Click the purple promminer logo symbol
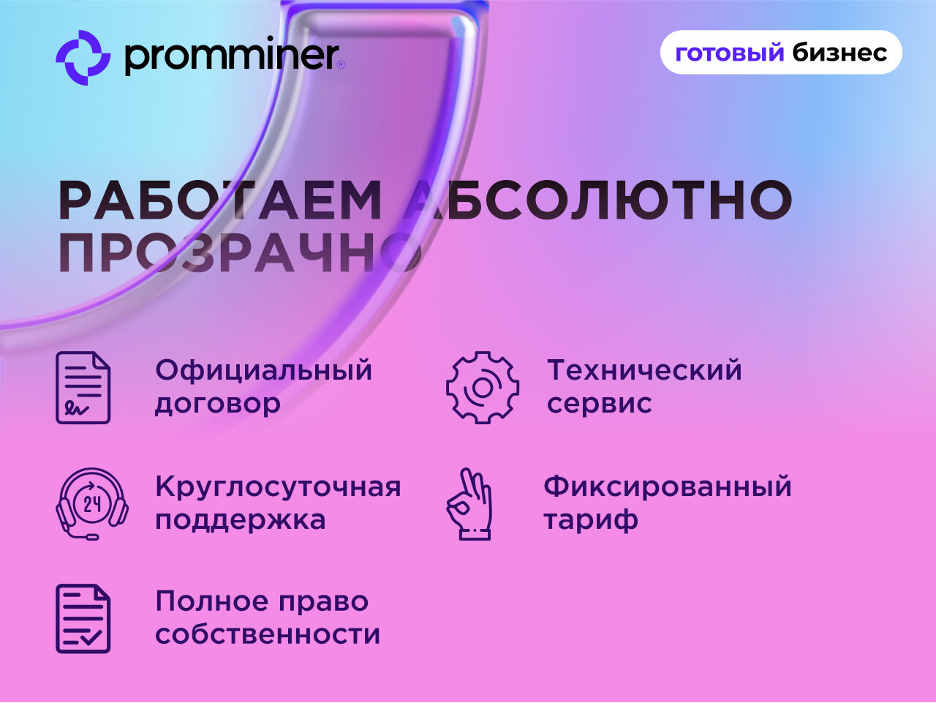pos(83,58)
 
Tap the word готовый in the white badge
pos(730,53)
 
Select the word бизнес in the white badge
pos(839,53)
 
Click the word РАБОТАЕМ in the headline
pos(220,200)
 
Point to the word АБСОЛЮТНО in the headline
pos(597,200)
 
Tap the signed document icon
pos(83,387)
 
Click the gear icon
pos(483,387)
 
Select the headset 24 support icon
pos(92,504)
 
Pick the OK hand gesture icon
pos(469,504)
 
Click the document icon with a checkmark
pos(83,619)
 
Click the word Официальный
pos(263,371)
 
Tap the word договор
pos(217,404)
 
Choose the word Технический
pos(644,370)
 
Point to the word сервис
pos(599,404)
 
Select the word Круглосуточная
pos(278,488)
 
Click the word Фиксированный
pos(668,487)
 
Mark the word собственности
pos(268,634)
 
